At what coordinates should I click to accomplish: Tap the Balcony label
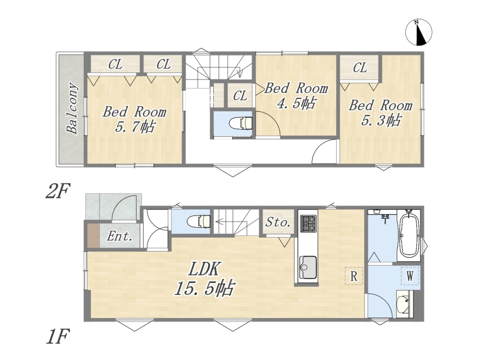tap(72, 108)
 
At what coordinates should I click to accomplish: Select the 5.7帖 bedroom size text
tap(135, 127)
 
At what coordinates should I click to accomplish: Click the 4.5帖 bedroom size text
tap(296, 103)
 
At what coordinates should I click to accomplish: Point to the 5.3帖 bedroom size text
tap(381, 120)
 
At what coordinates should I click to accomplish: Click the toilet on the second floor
tap(241, 123)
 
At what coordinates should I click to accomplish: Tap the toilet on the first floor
tap(199, 221)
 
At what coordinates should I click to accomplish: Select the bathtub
tap(411, 235)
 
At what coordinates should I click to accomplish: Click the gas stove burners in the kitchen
tap(308, 223)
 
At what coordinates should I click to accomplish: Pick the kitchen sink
tap(307, 267)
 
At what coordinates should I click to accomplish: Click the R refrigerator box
tap(354, 276)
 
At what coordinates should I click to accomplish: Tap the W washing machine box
tap(410, 276)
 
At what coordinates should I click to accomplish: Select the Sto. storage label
tap(278, 222)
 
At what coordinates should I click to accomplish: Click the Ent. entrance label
tap(120, 236)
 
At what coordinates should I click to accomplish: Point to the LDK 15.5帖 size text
tap(205, 279)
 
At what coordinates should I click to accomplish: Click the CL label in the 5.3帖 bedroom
tap(360, 67)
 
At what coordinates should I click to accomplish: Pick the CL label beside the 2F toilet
tap(240, 96)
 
